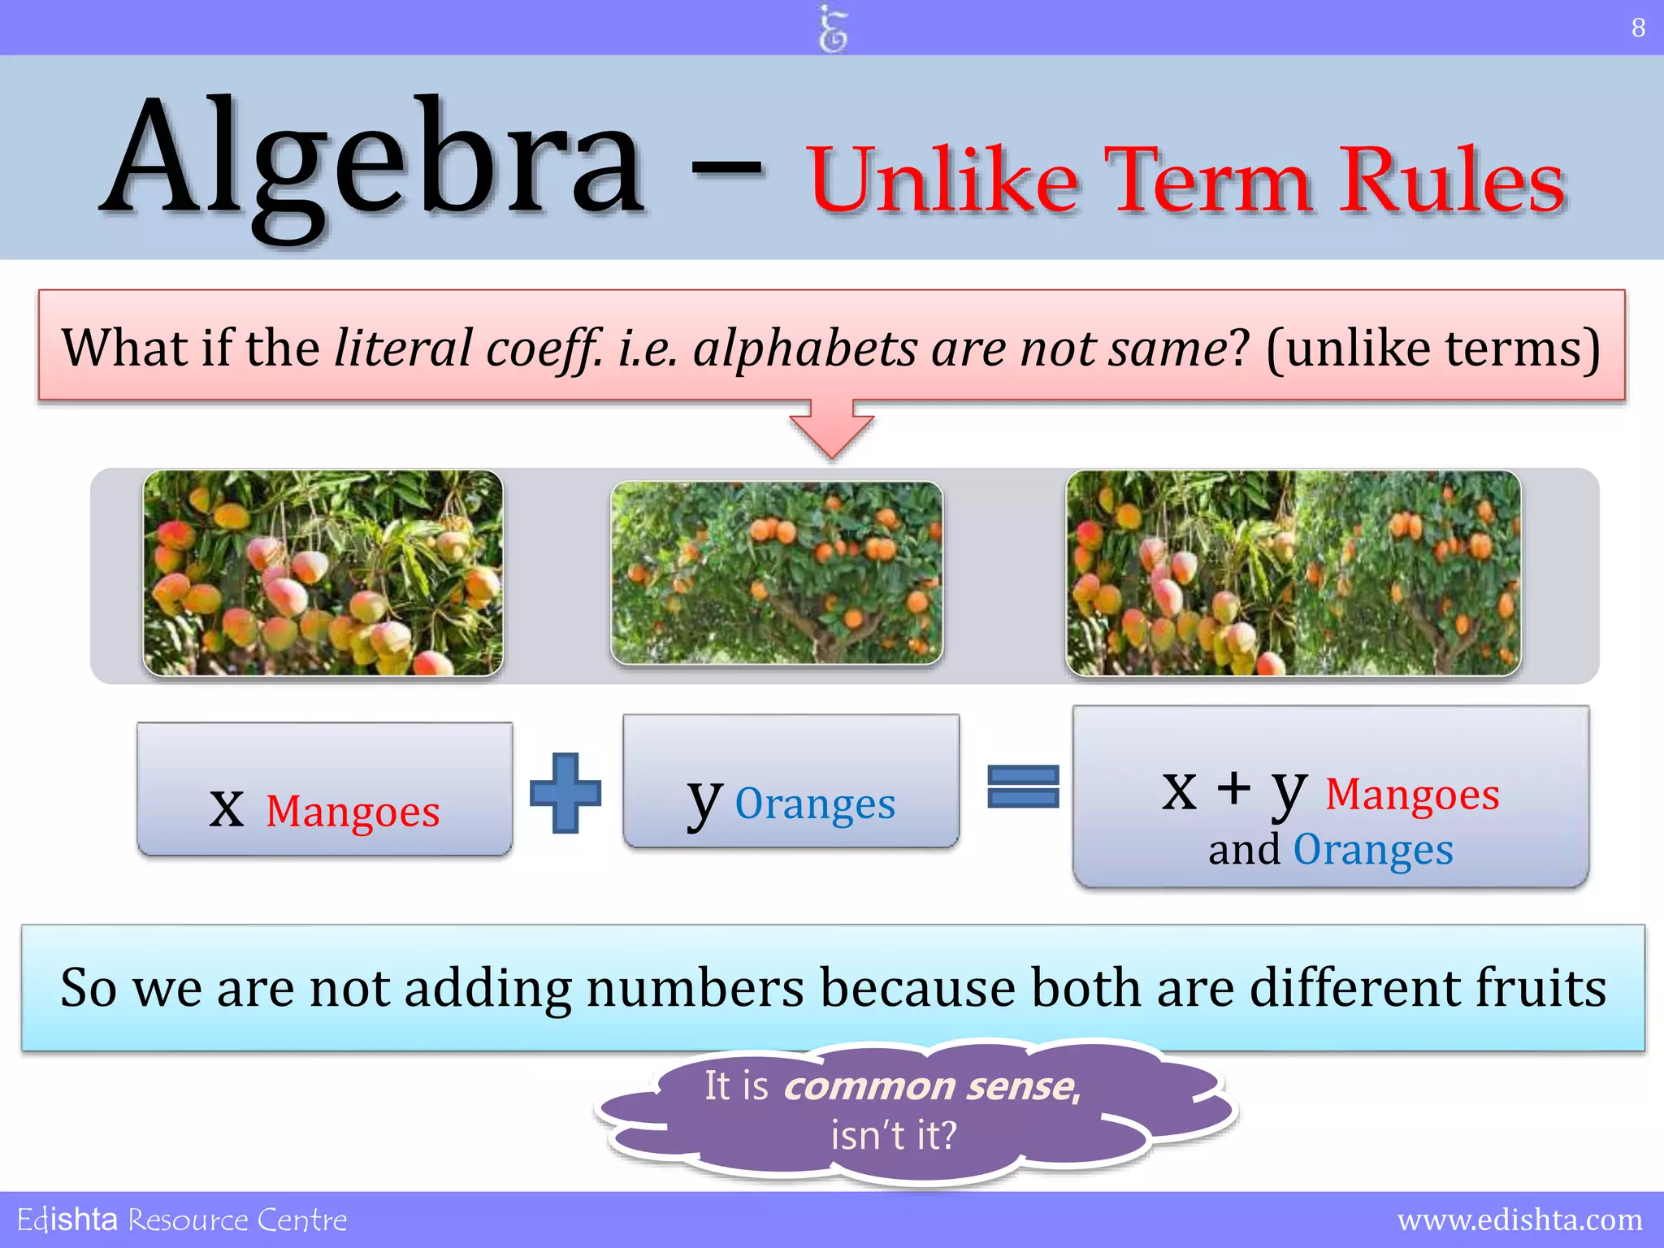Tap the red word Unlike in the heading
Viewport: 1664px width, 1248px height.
[x=942, y=180]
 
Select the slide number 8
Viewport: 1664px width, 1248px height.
[x=1638, y=28]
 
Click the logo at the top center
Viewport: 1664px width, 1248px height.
[x=832, y=28]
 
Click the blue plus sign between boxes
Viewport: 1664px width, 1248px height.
[x=565, y=792]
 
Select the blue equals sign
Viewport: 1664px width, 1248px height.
[x=1023, y=786]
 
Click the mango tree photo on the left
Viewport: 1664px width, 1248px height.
[x=323, y=573]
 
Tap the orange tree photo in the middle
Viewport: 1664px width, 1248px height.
[x=777, y=573]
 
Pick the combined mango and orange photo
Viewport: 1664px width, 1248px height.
[x=1293, y=573]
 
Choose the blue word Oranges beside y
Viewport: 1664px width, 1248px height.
[x=815, y=804]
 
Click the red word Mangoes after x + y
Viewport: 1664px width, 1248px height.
[x=1412, y=795]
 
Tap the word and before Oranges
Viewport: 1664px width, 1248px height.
[x=1243, y=851]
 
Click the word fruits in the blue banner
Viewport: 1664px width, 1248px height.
[x=1540, y=987]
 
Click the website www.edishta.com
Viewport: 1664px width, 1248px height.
[x=1519, y=1220]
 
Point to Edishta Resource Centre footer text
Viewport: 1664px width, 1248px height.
[x=182, y=1220]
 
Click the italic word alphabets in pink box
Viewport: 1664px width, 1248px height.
[x=804, y=349]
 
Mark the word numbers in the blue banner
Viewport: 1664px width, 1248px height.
[x=695, y=987]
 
